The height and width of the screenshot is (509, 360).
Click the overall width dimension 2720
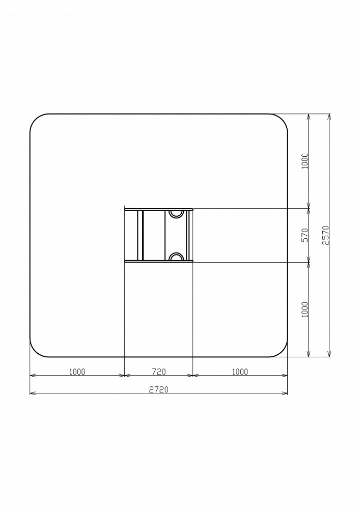point(159,389)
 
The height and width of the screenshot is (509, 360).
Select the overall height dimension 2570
point(325,235)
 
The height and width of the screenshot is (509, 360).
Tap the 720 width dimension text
point(159,372)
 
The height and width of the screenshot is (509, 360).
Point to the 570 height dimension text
point(305,235)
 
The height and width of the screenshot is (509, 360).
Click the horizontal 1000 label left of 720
point(77,372)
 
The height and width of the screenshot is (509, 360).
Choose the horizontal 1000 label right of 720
point(240,372)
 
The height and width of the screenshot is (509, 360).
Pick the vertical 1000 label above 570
point(305,161)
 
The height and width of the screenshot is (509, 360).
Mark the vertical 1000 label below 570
point(305,309)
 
